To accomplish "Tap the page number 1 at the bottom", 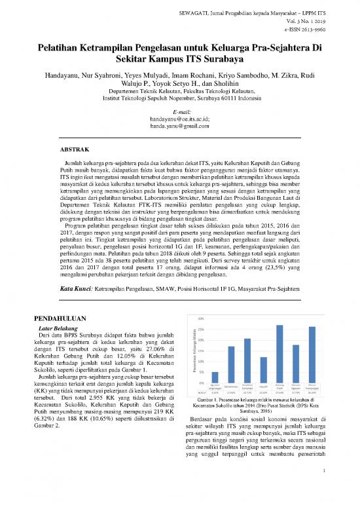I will point(323,487).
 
